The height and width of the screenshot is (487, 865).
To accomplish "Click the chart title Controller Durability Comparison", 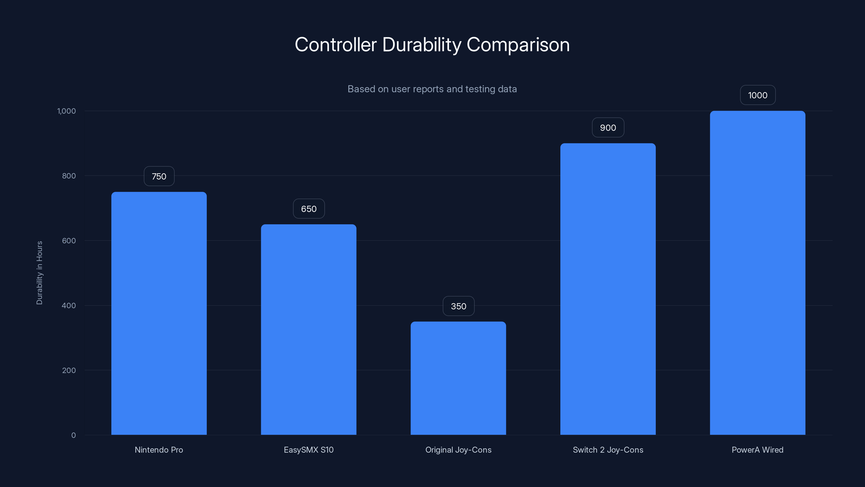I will pyautogui.click(x=432, y=45).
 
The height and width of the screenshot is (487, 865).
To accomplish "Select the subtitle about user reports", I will pyautogui.click(x=432, y=89).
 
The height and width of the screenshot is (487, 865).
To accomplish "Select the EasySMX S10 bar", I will pyautogui.click(x=309, y=329).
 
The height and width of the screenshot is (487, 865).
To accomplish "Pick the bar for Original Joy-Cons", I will pyautogui.click(x=458, y=378).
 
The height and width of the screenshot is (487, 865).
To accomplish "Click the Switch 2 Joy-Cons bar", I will pyautogui.click(x=608, y=289).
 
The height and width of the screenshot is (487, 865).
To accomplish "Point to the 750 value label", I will pyautogui.click(x=159, y=176).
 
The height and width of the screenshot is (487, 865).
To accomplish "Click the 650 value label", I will pyautogui.click(x=309, y=209).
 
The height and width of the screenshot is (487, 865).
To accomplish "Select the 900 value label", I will pyautogui.click(x=608, y=128).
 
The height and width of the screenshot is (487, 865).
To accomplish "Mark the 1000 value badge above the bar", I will pyautogui.click(x=757, y=95).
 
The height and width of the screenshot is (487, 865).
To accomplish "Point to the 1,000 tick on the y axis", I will pyautogui.click(x=66, y=111).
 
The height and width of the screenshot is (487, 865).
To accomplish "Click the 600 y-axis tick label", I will pyautogui.click(x=69, y=241).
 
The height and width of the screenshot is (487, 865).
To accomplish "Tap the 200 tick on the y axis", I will pyautogui.click(x=69, y=370).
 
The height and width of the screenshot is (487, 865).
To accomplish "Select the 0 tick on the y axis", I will pyautogui.click(x=74, y=435).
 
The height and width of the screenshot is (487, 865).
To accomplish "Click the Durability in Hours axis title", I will pyautogui.click(x=39, y=273).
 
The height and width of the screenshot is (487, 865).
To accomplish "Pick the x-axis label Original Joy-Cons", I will pyautogui.click(x=458, y=450).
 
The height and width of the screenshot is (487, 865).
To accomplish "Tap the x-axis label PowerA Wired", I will pyautogui.click(x=757, y=450).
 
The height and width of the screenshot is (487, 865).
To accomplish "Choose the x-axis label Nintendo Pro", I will pyautogui.click(x=159, y=450).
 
